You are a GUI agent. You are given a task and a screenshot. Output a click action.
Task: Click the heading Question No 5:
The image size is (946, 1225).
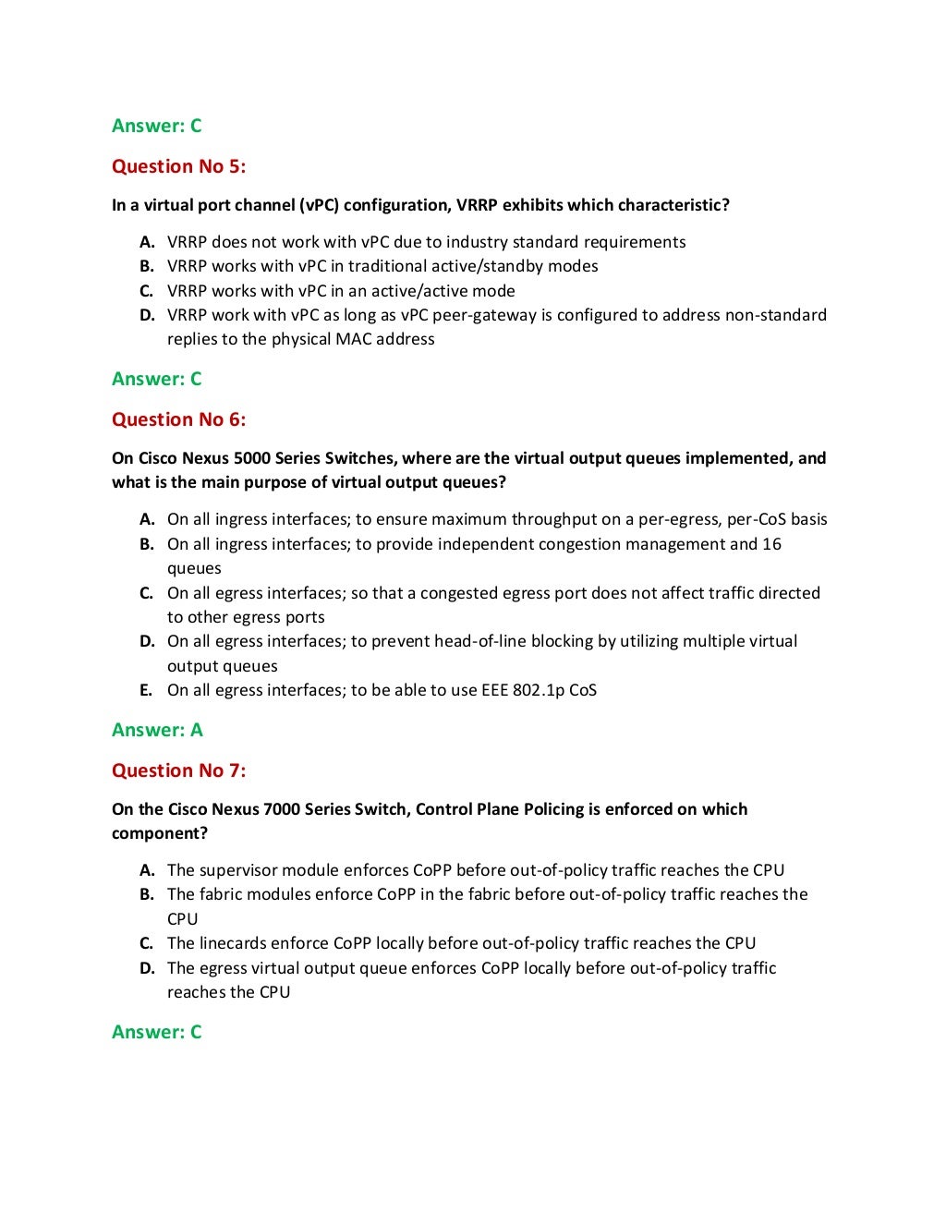pos(178,166)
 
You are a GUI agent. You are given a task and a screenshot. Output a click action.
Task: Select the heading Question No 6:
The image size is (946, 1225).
pos(178,419)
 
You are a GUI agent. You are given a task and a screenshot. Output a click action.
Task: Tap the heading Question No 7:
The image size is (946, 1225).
pos(178,770)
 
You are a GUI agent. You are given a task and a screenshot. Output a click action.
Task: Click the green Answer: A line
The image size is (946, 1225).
pos(157,730)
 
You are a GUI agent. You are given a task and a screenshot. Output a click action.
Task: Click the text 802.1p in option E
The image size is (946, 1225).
pos(539,690)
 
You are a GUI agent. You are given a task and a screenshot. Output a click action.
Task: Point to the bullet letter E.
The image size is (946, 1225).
pos(146,690)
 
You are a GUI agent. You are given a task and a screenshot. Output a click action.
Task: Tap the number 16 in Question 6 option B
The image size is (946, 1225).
pos(771,544)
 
